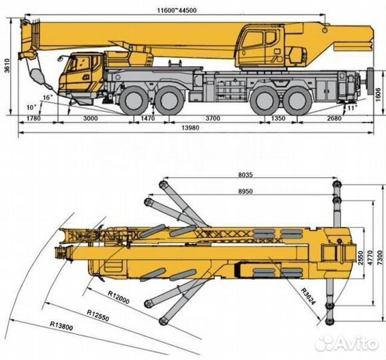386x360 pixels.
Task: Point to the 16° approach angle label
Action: [47, 98]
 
